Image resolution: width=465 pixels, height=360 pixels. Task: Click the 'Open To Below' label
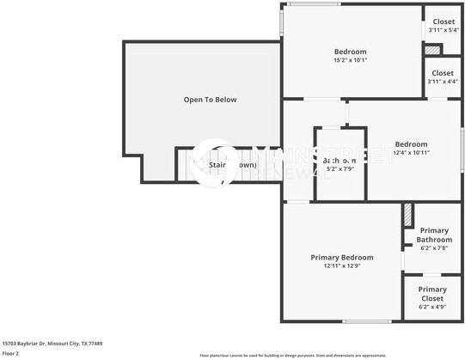[x=210, y=100]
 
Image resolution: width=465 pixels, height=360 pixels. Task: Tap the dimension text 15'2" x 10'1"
[x=350, y=60]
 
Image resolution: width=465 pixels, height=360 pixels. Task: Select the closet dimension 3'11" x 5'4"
[x=444, y=31]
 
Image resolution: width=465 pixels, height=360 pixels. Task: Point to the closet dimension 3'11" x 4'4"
[x=444, y=82]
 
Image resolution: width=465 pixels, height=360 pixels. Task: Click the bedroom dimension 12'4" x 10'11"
[x=411, y=152]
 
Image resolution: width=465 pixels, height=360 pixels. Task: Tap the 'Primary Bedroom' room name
[x=342, y=258]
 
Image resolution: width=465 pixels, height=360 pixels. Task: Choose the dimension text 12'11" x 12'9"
[x=342, y=266]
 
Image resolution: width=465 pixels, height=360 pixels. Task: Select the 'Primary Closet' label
[x=432, y=294]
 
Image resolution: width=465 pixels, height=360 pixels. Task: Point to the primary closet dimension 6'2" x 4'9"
[x=432, y=306]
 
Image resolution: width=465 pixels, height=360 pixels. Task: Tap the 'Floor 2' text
[x=10, y=352]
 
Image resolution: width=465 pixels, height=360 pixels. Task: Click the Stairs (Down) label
[x=232, y=164]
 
